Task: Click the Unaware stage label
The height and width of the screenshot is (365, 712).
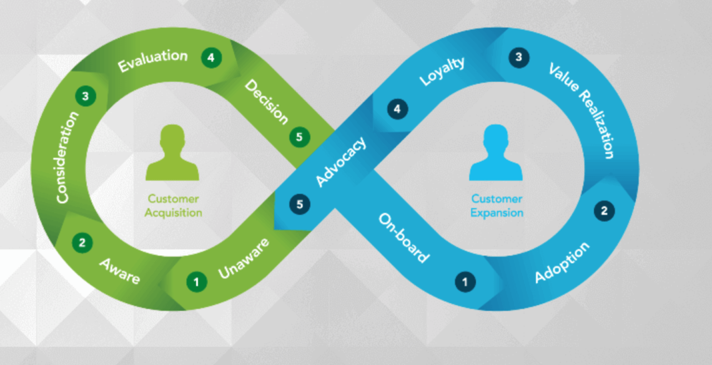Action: (x=244, y=258)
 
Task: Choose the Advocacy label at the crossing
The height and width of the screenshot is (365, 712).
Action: (x=341, y=162)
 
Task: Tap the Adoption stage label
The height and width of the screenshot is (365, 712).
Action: (x=562, y=262)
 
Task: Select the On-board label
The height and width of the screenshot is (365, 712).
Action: (x=404, y=238)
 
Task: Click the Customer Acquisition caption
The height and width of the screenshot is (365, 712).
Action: (x=174, y=206)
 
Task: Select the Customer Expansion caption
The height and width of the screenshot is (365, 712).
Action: (x=497, y=206)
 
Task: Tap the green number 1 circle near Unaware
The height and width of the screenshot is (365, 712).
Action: (x=196, y=282)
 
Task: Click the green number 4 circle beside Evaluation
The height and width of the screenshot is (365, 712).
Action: (x=211, y=57)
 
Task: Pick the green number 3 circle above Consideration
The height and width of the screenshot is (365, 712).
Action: (x=85, y=96)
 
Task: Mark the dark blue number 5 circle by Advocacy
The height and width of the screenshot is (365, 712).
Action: (x=300, y=204)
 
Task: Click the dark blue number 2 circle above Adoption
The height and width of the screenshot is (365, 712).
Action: (x=603, y=211)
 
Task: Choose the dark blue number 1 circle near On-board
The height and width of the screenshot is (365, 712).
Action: (x=464, y=282)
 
